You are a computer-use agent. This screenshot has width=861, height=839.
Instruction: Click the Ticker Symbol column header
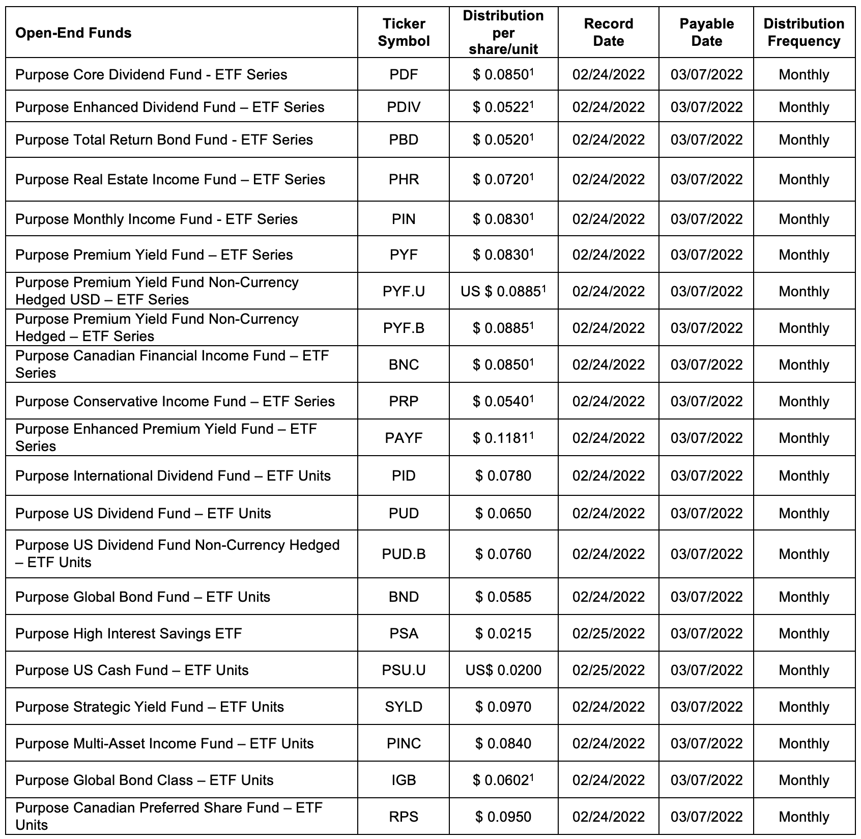[x=404, y=33]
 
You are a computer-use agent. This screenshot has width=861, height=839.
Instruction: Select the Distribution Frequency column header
[x=803, y=33]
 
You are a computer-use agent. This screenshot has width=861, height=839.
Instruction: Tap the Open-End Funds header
[x=73, y=33]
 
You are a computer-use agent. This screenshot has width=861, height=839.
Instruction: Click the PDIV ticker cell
[x=404, y=107]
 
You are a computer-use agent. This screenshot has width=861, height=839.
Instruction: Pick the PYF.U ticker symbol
[x=404, y=292]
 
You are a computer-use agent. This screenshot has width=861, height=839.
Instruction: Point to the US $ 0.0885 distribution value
[x=503, y=292]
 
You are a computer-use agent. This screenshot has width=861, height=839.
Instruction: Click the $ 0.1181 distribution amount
[x=503, y=438]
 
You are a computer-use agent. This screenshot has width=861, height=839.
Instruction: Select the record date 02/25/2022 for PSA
[x=608, y=634]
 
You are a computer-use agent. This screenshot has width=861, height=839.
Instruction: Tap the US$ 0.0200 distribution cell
[x=503, y=670]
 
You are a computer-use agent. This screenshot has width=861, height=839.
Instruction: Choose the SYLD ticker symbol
[x=404, y=707]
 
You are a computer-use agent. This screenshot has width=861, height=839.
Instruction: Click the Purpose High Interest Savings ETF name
[x=128, y=634]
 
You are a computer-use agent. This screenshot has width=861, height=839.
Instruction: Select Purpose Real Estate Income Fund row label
[x=170, y=180]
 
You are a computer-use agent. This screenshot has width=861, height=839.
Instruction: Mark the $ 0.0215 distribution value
[x=503, y=634]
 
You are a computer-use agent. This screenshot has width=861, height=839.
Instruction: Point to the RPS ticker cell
[x=404, y=817]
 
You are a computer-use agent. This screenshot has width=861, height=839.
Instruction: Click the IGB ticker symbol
[x=404, y=780]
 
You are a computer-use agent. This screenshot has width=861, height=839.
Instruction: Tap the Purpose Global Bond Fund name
[x=142, y=597]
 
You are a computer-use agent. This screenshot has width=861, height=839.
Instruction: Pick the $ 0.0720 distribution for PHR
[x=503, y=180]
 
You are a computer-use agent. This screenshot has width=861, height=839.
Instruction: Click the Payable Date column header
[x=706, y=33]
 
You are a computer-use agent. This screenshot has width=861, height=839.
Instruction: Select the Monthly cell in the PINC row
[x=803, y=744]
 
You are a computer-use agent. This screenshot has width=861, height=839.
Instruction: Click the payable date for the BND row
[x=706, y=597]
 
